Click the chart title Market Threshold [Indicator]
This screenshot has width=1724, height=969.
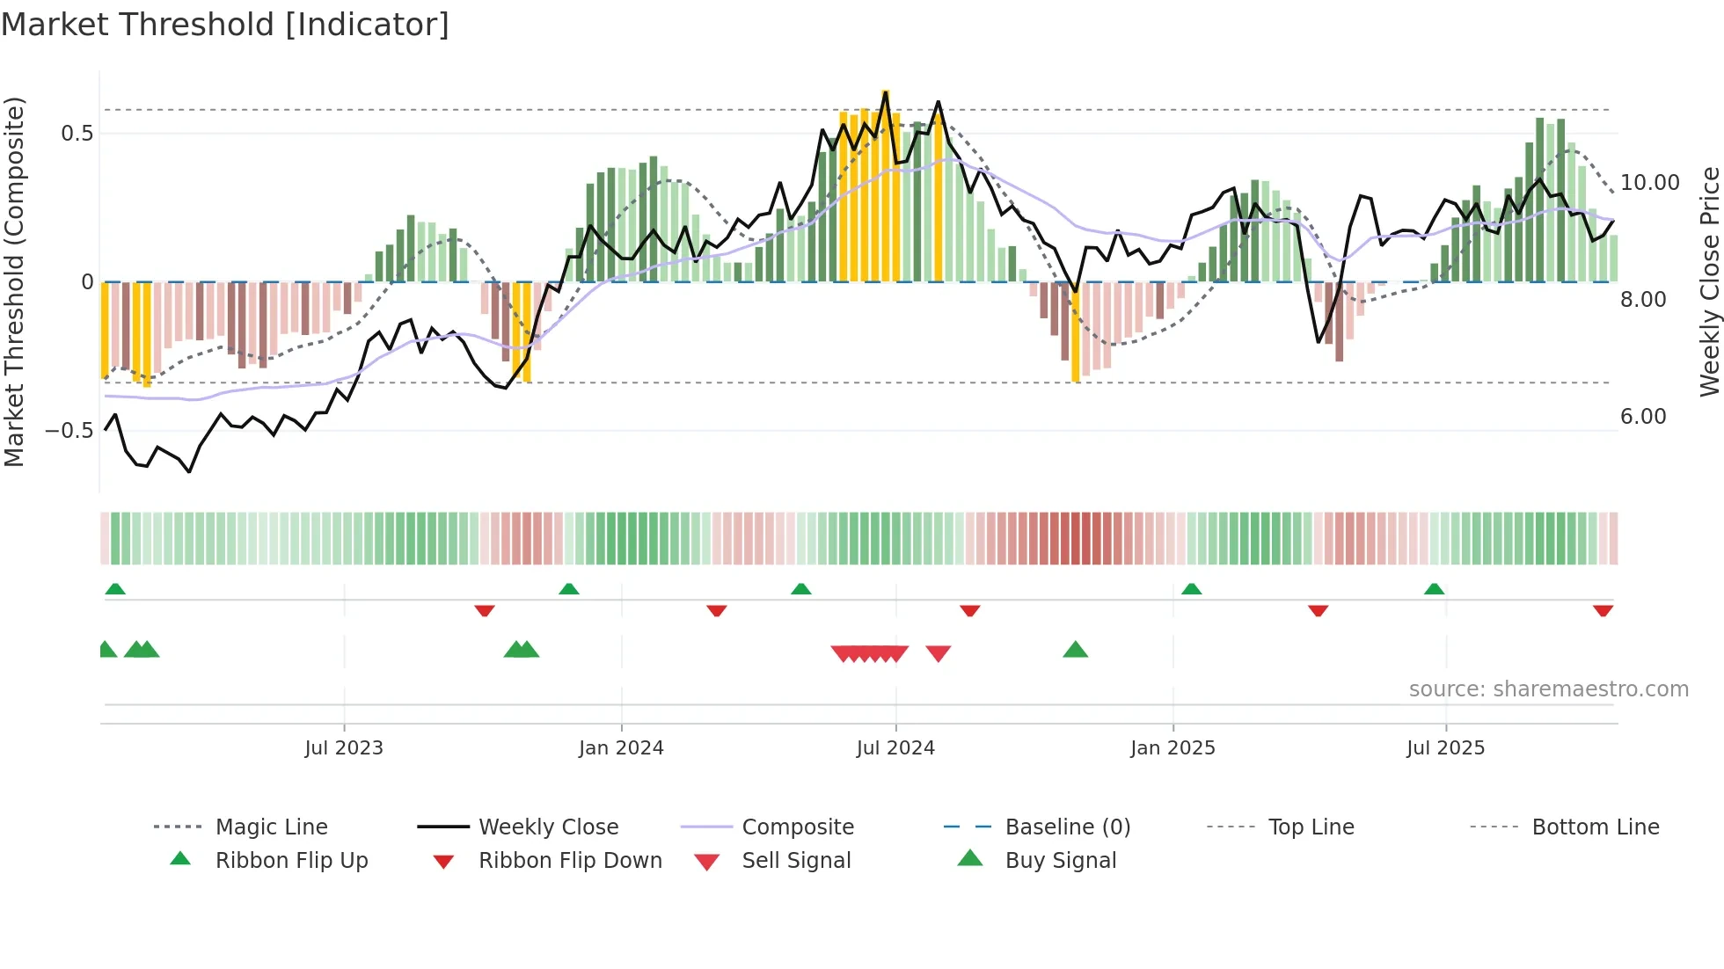pyautogui.click(x=225, y=25)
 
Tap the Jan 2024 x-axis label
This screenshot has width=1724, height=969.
pyautogui.click(x=621, y=748)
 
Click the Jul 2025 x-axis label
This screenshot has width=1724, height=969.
pyautogui.click(x=1445, y=748)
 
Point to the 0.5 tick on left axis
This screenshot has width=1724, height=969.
pyautogui.click(x=77, y=134)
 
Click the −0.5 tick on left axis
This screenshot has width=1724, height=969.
pyautogui.click(x=69, y=431)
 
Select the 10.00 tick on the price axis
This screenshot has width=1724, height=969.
pyautogui.click(x=1649, y=183)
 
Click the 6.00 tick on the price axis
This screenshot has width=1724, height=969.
pyautogui.click(x=1643, y=417)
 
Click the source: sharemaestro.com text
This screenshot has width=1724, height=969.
pyautogui.click(x=1548, y=689)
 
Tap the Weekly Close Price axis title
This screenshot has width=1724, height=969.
pyautogui.click(x=1709, y=281)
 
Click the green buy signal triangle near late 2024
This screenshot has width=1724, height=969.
pyautogui.click(x=1075, y=651)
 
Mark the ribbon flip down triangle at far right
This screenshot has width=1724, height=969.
pyautogui.click(x=1603, y=610)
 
